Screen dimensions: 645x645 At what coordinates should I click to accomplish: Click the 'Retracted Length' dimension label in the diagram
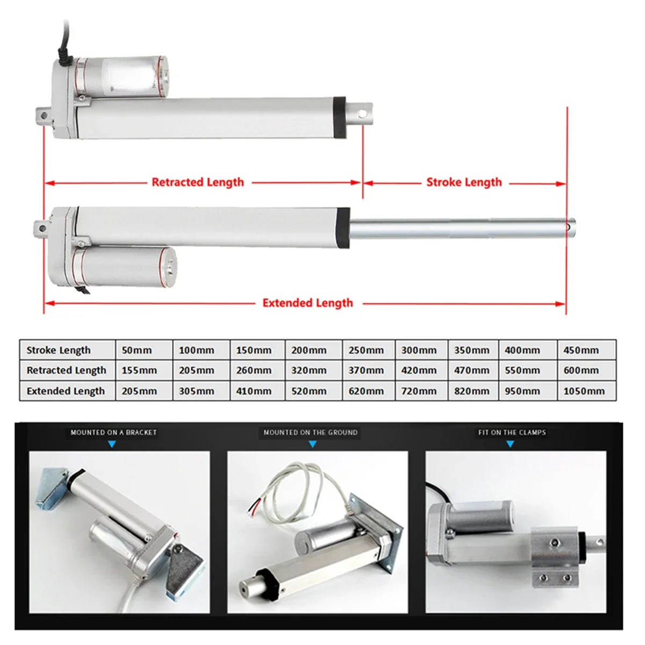tap(197, 182)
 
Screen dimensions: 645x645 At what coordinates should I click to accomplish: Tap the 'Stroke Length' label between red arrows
tap(464, 182)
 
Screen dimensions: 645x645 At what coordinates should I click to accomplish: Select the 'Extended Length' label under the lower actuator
tap(307, 303)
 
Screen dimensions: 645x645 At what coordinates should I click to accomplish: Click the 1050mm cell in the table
tap(584, 391)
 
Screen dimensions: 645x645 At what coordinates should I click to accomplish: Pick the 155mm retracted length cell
tap(139, 370)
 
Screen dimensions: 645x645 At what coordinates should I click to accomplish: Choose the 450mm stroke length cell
tap(581, 350)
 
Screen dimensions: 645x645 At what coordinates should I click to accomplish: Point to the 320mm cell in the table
tap(309, 370)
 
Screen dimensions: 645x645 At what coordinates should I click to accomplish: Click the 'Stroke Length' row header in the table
tap(59, 350)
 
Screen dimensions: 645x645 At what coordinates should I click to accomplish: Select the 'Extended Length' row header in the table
tap(66, 391)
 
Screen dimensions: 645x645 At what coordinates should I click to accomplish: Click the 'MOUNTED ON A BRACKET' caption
tap(113, 432)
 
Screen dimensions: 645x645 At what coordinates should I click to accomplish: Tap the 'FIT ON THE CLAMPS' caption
tap(512, 432)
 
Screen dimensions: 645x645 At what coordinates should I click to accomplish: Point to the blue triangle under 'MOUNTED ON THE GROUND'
tap(312, 445)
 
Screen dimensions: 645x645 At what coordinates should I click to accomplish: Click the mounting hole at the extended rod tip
tap(568, 227)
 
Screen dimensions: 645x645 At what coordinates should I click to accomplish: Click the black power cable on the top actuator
tap(62, 43)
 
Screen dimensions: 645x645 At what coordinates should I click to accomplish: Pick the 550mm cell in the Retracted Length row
tap(522, 370)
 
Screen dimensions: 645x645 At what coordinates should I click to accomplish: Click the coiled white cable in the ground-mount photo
tap(285, 494)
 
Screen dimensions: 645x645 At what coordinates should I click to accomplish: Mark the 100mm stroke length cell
tap(196, 350)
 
